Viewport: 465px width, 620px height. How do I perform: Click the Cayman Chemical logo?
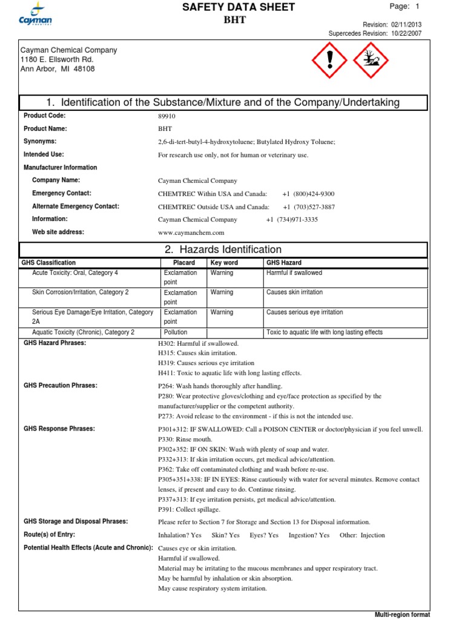click(x=35, y=15)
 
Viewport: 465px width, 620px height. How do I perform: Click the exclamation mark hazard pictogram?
click(x=328, y=60)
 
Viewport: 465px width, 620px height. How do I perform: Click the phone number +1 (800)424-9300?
click(x=308, y=194)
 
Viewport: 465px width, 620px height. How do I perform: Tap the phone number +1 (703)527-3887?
click(x=308, y=206)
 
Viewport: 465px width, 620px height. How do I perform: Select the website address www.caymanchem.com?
click(x=191, y=232)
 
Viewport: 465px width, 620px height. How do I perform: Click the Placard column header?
click(x=183, y=263)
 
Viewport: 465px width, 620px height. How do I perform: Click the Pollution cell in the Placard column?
click(x=176, y=332)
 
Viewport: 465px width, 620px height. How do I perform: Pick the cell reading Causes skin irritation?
click(x=294, y=292)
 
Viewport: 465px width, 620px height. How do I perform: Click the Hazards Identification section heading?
click(x=223, y=249)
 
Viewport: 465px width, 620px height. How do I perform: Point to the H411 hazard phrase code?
click(x=165, y=373)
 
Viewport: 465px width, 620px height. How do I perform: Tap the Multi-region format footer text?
click(x=402, y=615)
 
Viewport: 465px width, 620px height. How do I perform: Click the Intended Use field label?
click(x=44, y=154)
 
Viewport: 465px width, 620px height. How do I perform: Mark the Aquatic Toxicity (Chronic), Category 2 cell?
click(x=83, y=332)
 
